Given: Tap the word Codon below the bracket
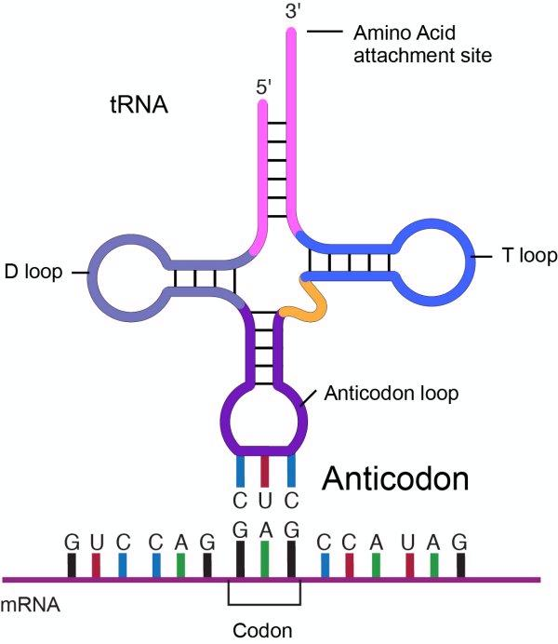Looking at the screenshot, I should (x=265, y=630).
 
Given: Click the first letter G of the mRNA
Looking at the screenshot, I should (x=71, y=541).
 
